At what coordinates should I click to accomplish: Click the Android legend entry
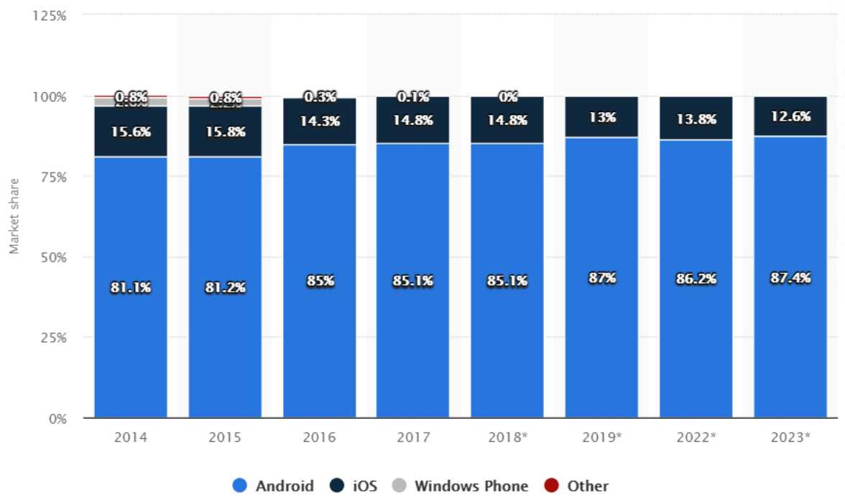pyautogui.click(x=274, y=486)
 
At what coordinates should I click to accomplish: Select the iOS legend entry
pyautogui.click(x=354, y=486)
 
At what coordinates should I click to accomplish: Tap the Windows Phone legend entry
pyautogui.click(x=461, y=486)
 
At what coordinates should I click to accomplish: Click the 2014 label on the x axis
pyautogui.click(x=130, y=437)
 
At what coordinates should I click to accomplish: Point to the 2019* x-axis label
pyautogui.click(x=601, y=437)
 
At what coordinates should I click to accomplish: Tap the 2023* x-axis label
pyautogui.click(x=790, y=437)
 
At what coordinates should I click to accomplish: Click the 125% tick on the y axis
pyautogui.click(x=50, y=15)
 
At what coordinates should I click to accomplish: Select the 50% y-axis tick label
pyautogui.click(x=52, y=257)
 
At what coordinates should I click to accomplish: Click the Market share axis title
pyautogui.click(x=14, y=216)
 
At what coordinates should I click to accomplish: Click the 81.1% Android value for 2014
pyautogui.click(x=130, y=287)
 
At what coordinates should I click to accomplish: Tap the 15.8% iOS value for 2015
pyautogui.click(x=224, y=132)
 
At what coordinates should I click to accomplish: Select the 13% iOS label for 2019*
pyautogui.click(x=601, y=117)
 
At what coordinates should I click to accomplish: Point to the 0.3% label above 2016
pyautogui.click(x=319, y=96)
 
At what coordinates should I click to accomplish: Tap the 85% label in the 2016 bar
pyautogui.click(x=319, y=281)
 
